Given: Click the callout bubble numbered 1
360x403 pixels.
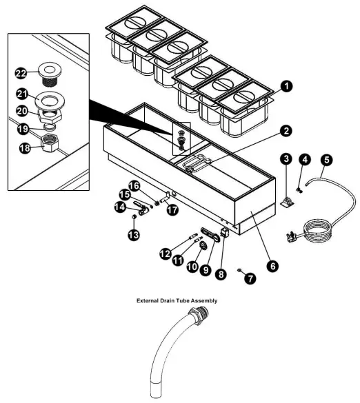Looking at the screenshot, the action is pyautogui.click(x=286, y=86).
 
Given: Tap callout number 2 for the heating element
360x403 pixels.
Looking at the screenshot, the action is pyautogui.click(x=286, y=131).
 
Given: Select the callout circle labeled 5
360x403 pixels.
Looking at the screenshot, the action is pyautogui.click(x=326, y=160).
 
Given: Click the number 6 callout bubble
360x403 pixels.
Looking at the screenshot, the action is pyautogui.click(x=273, y=265).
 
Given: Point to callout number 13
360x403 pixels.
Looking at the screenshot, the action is pyautogui.click(x=134, y=234).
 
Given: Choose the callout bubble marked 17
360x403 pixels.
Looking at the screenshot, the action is pyautogui.click(x=172, y=209).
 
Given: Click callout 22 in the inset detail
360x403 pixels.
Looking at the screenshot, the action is pyautogui.click(x=21, y=74).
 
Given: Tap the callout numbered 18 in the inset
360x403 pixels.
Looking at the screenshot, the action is pyautogui.click(x=25, y=148).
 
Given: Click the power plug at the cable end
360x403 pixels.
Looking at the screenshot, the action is pyautogui.click(x=292, y=236).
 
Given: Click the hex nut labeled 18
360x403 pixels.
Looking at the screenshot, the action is pyautogui.click(x=50, y=143).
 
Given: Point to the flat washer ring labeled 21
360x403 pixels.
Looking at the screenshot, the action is pyautogui.click(x=50, y=101).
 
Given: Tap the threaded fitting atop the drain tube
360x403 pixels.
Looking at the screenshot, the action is pyautogui.click(x=199, y=315).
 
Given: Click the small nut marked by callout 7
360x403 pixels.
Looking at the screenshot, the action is pyautogui.click(x=239, y=270).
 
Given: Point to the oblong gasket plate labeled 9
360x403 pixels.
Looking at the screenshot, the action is pyautogui.click(x=210, y=235).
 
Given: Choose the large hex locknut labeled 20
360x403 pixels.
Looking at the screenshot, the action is pyautogui.click(x=50, y=115).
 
